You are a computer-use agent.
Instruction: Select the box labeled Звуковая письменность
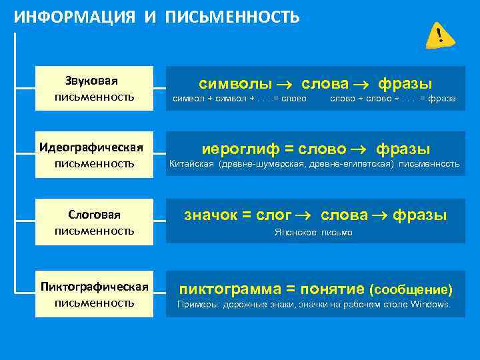tap(95, 89)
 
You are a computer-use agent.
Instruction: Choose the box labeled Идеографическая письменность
tap(95, 155)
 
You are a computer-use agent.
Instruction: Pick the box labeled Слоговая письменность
tap(95, 223)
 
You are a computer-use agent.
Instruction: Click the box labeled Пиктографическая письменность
tap(95, 294)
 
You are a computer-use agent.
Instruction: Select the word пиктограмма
tap(229, 289)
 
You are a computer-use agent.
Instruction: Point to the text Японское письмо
tap(313, 233)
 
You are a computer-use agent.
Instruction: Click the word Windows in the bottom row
tap(431, 305)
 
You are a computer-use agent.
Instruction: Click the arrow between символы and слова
tap(287, 85)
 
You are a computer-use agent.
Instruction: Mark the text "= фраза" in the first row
tap(438, 99)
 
